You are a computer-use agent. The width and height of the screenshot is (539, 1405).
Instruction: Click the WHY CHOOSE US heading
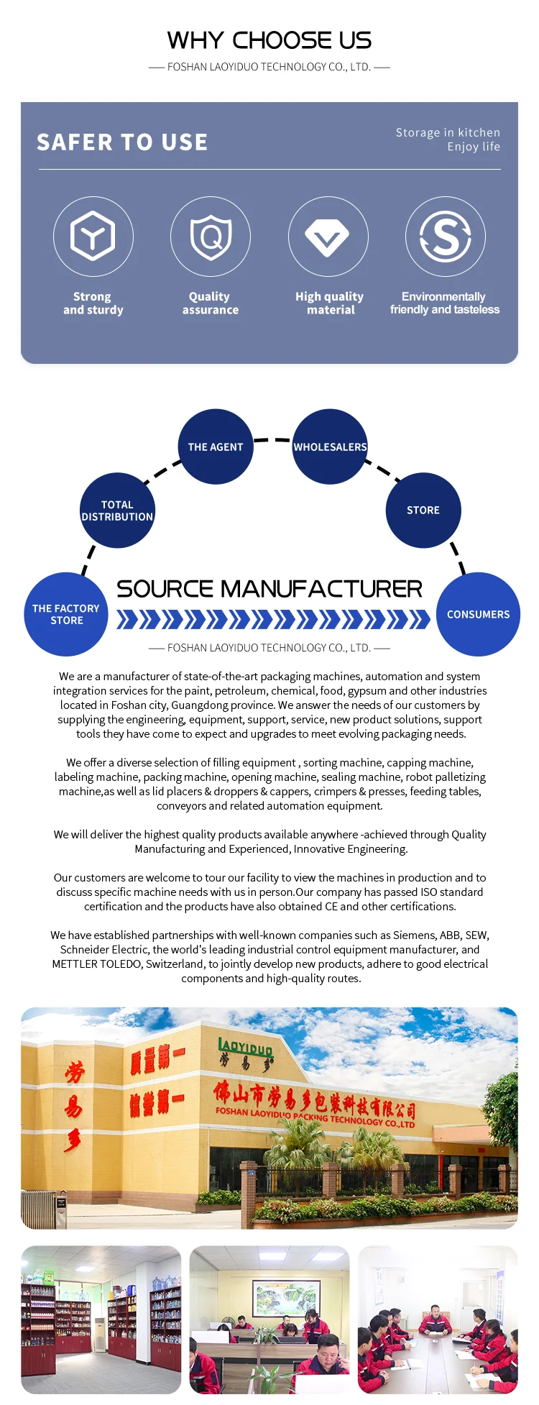point(269,40)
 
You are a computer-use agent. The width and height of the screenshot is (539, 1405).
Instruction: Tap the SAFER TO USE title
point(122,142)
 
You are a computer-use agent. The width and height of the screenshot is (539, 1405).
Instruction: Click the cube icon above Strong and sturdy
point(93,236)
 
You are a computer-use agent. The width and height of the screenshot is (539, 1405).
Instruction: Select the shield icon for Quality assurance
point(210,236)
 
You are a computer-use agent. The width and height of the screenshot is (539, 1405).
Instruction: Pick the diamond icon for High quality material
point(328,237)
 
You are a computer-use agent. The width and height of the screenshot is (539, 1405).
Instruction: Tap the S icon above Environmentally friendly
point(445,236)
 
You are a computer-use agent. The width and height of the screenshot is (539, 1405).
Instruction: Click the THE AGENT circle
point(216,447)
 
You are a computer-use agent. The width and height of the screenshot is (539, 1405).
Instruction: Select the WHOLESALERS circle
point(330,447)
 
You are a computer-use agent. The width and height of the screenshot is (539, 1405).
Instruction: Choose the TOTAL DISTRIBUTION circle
point(117,511)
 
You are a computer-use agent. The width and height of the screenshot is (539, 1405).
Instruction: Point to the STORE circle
point(423,510)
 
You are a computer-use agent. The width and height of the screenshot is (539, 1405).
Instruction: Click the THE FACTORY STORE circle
point(66,614)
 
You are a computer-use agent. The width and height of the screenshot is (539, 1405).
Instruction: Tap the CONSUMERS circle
point(478,614)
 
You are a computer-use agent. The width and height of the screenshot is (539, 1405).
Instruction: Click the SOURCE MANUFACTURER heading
point(269,589)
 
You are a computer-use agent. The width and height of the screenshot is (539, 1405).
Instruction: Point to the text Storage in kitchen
point(448,132)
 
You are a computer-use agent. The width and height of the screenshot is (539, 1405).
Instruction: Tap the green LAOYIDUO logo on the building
point(245,1048)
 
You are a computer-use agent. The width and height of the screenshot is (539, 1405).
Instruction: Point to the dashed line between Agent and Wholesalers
point(272,439)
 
